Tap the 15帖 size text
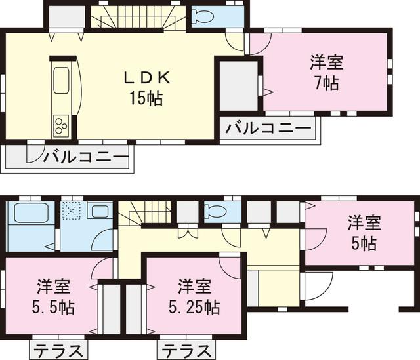click(147, 99)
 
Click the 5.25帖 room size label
click(195, 306)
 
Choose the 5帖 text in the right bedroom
click(364, 243)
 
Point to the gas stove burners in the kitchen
click(61, 125)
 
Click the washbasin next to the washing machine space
click(100, 211)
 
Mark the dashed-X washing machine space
click(71, 211)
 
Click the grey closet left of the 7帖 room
click(238, 85)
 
